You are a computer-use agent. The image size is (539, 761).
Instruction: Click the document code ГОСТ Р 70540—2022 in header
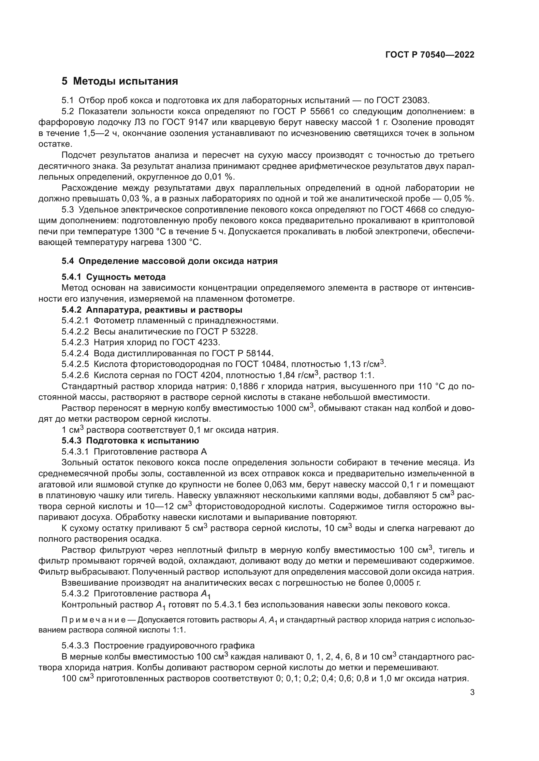click(430, 55)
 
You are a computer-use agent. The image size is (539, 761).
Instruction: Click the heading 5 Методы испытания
click(120, 81)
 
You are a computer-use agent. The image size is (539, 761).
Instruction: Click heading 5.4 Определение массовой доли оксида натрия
click(169, 261)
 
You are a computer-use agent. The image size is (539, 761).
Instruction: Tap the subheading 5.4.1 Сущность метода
click(113, 277)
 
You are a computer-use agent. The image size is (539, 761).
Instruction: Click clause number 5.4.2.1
click(75, 320)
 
